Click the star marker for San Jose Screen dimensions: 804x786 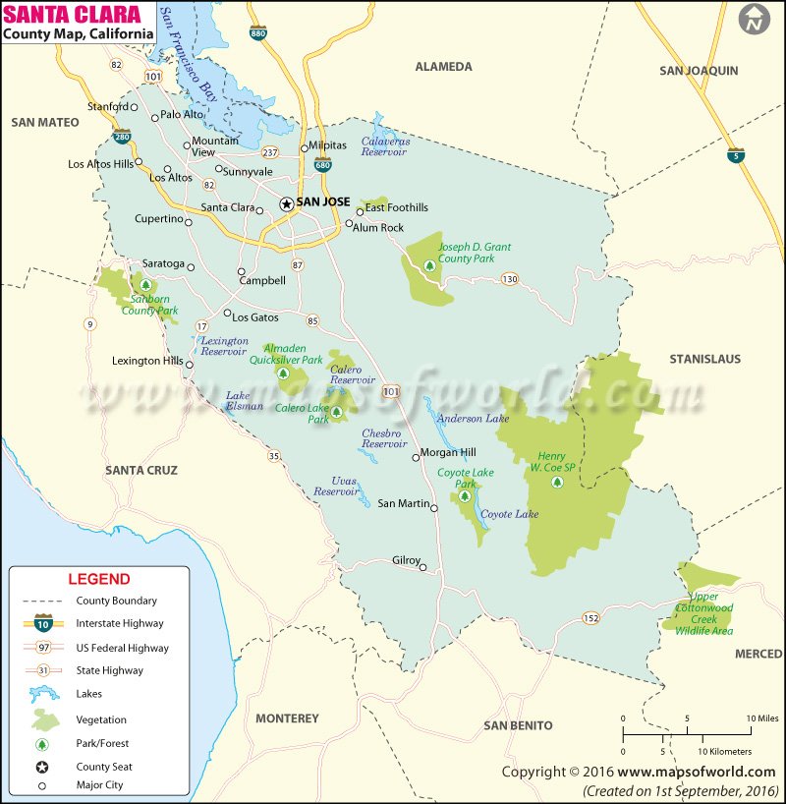tap(286, 203)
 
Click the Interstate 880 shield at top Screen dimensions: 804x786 tap(257, 31)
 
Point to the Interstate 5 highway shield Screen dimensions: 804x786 tap(736, 155)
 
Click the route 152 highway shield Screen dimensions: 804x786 tap(589, 617)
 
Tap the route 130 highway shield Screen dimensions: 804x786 tap(509, 279)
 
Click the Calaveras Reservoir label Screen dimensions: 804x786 tap(384, 145)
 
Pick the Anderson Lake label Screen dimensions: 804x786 tap(474, 418)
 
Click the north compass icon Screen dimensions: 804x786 tap(755, 20)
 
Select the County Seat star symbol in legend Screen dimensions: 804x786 tap(43, 767)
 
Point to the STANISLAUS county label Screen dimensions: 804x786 tap(704, 359)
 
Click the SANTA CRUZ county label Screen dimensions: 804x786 tap(141, 471)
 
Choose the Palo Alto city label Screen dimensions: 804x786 tap(182, 115)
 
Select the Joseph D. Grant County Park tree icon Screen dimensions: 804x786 tap(429, 265)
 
